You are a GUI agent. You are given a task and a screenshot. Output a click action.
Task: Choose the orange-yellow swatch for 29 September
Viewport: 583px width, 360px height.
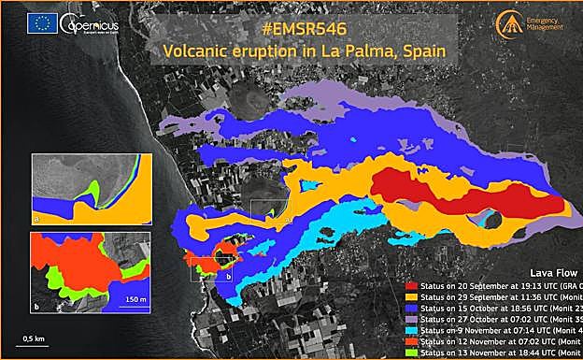coord(412,296)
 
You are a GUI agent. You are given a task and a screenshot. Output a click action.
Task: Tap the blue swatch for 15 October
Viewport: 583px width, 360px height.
coord(412,308)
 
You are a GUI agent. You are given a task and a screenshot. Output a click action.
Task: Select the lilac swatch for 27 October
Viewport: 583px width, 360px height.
coord(412,320)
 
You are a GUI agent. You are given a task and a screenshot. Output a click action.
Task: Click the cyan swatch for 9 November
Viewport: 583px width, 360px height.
coord(412,331)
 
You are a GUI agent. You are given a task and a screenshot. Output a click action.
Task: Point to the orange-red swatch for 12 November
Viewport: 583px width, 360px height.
coord(412,342)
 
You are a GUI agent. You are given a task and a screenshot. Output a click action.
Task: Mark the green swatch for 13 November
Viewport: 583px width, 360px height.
coord(412,353)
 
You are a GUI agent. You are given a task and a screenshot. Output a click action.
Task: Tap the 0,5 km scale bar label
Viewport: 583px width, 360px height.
coord(35,337)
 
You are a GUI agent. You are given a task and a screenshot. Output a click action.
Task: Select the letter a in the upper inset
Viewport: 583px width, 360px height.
coord(36,216)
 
